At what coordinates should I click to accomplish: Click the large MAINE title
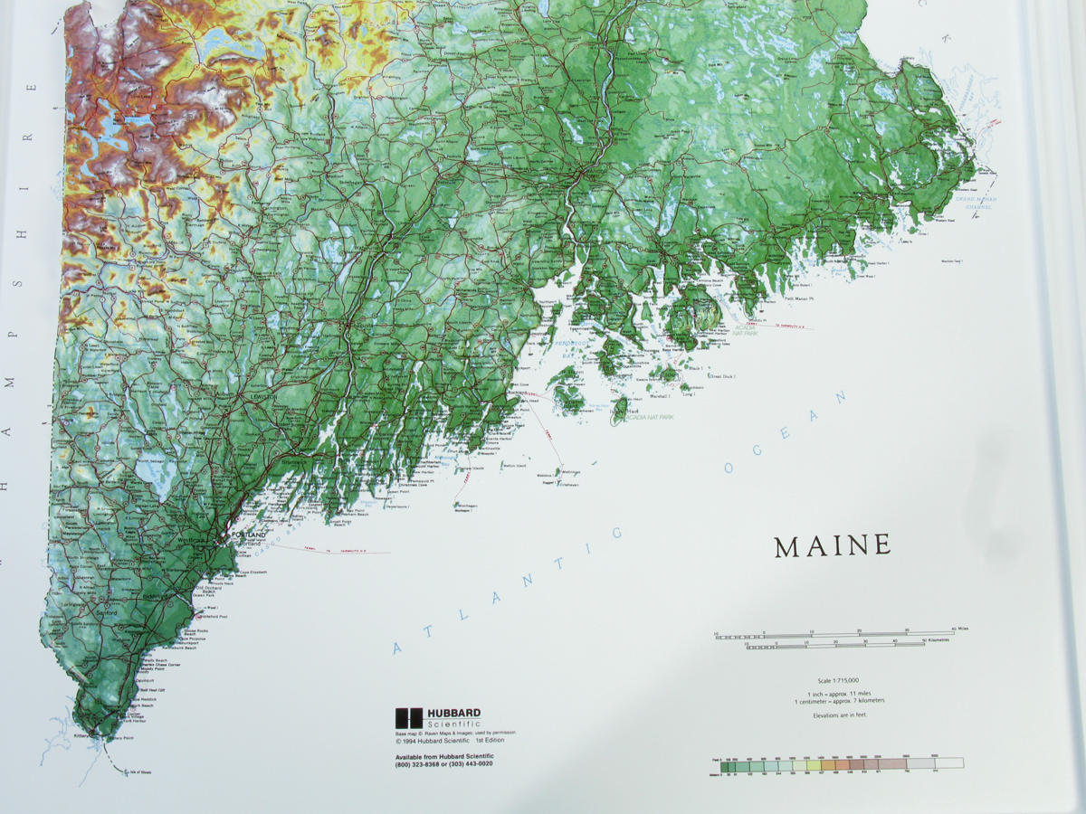833,545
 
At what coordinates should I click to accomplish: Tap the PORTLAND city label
249,535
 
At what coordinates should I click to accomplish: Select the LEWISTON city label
263,396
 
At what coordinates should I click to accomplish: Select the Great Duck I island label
721,375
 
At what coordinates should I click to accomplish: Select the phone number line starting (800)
443,765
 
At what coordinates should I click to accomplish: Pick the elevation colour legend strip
838,763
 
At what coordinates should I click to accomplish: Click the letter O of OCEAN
729,467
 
